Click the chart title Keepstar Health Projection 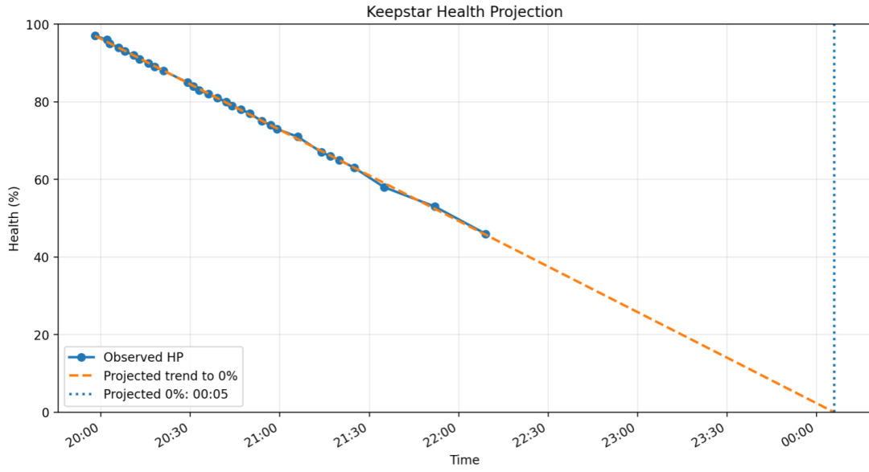pyautogui.click(x=464, y=11)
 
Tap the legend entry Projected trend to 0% pyautogui.click(x=170, y=376)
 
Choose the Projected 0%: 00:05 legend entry pyautogui.click(x=172, y=394)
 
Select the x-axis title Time pyautogui.click(x=464, y=460)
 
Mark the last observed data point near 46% pyautogui.click(x=485, y=234)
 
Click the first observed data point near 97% pyautogui.click(x=95, y=36)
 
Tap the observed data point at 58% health pyautogui.click(x=384, y=187)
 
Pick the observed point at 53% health pyautogui.click(x=434, y=207)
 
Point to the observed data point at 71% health pyautogui.click(x=298, y=137)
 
